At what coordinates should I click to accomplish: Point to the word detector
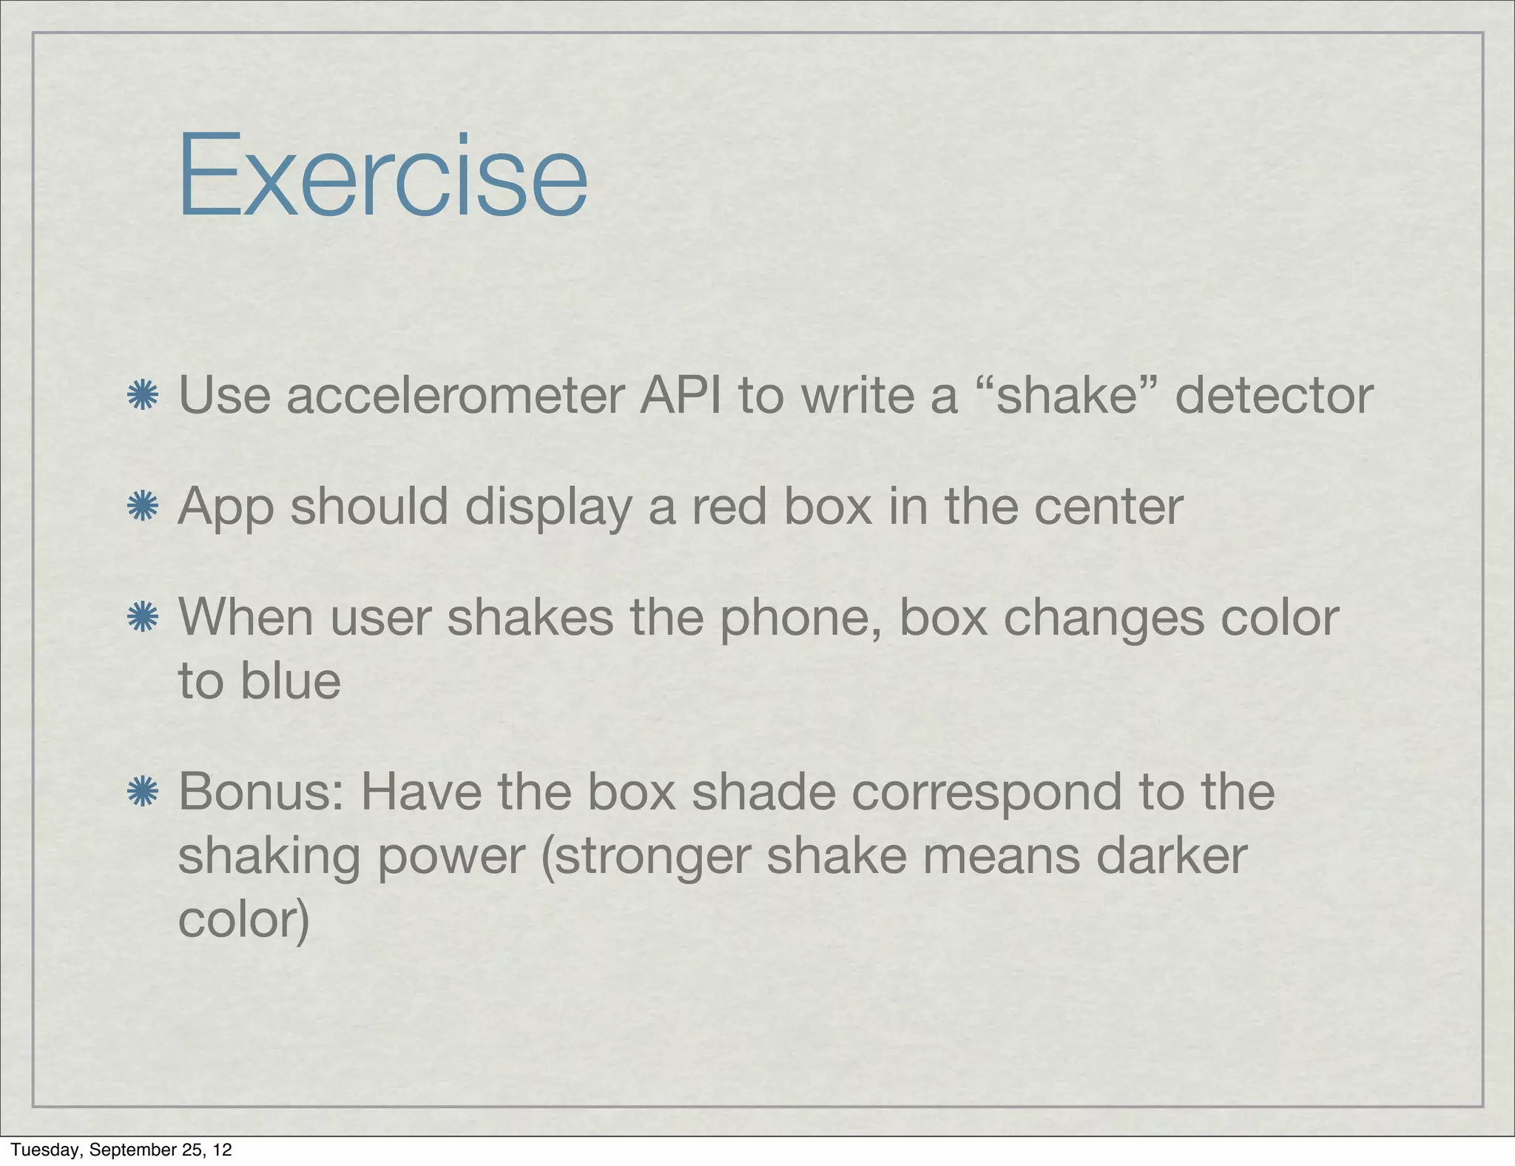coord(1273,396)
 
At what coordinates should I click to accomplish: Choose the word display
coord(548,508)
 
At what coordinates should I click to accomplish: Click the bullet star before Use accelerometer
coord(143,396)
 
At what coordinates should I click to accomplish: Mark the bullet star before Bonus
coord(143,792)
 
